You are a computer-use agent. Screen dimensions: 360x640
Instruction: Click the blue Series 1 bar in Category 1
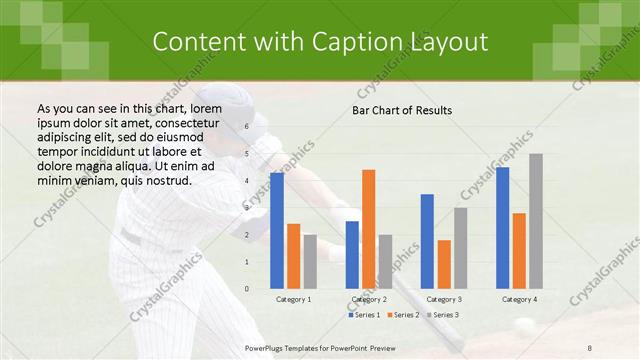click(277, 231)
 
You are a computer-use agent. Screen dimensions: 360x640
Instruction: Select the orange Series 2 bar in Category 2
click(369, 229)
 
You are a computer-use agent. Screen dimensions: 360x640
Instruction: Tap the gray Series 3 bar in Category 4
click(536, 221)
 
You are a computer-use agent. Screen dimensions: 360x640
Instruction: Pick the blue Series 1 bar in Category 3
click(427, 241)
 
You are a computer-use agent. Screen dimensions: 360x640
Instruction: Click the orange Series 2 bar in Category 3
click(444, 264)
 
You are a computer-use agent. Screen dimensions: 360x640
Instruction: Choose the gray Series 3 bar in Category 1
click(310, 261)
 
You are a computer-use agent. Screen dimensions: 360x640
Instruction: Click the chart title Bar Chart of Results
click(402, 110)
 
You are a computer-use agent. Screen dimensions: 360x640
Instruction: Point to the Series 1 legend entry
click(364, 315)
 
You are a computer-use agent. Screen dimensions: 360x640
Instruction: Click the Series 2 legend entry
click(402, 315)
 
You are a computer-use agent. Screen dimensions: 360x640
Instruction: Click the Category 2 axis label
click(368, 299)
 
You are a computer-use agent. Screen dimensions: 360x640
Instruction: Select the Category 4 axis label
click(518, 299)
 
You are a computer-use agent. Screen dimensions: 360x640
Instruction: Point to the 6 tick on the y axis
click(246, 127)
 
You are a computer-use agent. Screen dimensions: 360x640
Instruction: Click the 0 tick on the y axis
click(246, 288)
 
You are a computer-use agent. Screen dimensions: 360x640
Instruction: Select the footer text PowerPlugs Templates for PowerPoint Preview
click(320, 346)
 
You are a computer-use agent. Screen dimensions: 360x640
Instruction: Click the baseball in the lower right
click(524, 325)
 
